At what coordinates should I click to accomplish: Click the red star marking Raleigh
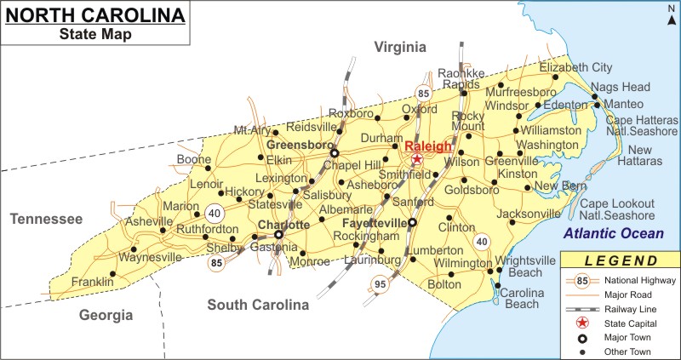[416, 159]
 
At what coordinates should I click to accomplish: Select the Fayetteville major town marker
[413, 223]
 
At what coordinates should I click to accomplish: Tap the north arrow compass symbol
[671, 14]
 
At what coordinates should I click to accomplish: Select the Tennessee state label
[46, 220]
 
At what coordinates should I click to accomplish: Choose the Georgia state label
[106, 315]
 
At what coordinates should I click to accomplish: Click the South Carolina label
[259, 305]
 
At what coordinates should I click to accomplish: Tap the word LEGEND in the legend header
[619, 260]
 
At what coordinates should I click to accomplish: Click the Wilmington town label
[463, 264]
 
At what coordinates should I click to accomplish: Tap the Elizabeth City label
[575, 67]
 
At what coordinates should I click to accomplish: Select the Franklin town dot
[112, 273]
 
